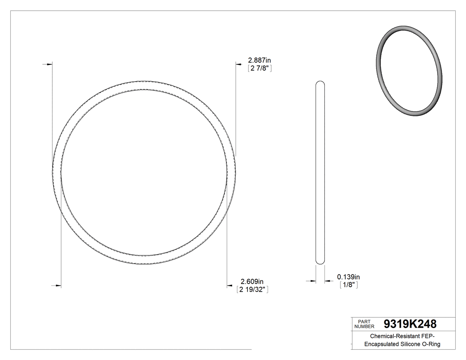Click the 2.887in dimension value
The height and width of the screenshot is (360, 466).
point(259,60)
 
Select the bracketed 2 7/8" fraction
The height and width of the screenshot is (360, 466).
point(259,68)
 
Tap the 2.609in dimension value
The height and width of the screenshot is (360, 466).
point(252,281)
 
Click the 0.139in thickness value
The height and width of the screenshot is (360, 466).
point(348,277)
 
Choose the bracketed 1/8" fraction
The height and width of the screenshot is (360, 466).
point(348,285)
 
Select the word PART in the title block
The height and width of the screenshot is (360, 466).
point(364,321)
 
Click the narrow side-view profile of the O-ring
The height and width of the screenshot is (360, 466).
point(320,173)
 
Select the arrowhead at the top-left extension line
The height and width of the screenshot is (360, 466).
point(45,65)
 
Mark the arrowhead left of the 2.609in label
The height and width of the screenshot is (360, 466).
point(230,285)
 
